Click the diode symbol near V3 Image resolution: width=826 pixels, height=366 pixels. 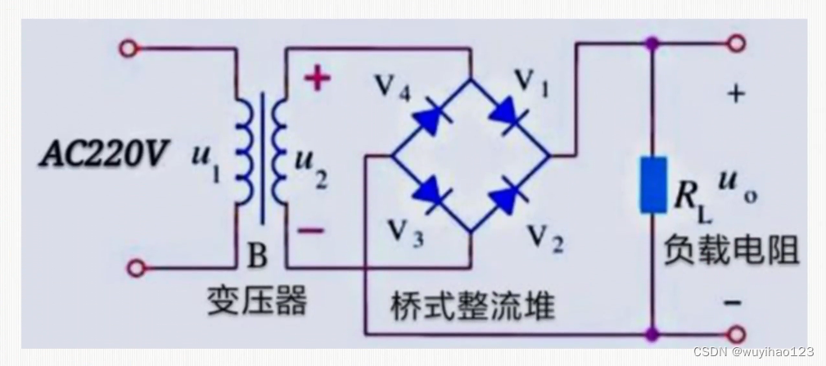click(x=428, y=193)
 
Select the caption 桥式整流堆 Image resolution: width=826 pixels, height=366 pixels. click(x=473, y=305)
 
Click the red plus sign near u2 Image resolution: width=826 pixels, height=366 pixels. click(x=317, y=79)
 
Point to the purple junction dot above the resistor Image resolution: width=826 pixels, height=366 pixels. click(x=653, y=43)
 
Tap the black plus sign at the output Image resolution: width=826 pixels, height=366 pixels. click(x=736, y=94)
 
